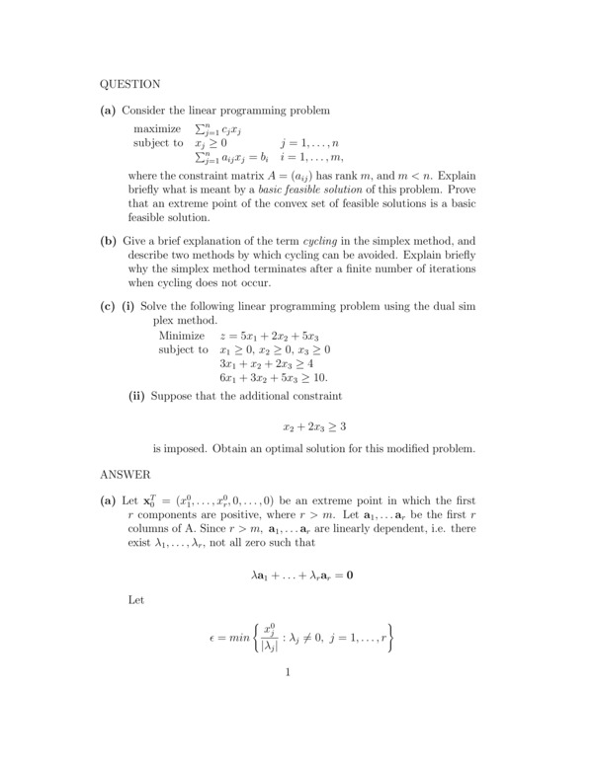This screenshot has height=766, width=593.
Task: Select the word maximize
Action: (x=157, y=129)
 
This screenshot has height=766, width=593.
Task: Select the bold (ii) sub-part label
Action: (x=138, y=396)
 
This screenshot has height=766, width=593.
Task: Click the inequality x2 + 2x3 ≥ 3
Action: (x=314, y=426)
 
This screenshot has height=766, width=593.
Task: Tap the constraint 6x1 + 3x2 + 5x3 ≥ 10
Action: (x=273, y=377)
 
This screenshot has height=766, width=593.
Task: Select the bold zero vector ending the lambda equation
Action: (x=350, y=574)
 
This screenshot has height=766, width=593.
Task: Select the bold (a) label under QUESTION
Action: (x=109, y=110)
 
